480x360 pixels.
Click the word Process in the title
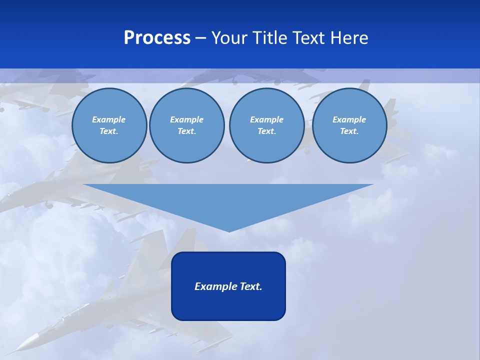[x=157, y=38]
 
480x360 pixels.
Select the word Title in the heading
[x=270, y=38]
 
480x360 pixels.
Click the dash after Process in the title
[x=200, y=38]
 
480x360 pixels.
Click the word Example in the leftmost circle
[x=109, y=119]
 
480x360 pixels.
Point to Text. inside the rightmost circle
[x=349, y=131]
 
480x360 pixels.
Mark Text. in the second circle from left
[x=186, y=131]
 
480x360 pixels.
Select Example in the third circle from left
[x=266, y=119]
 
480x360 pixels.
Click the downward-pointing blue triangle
[x=228, y=200]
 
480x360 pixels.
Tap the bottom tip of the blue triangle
[x=229, y=230]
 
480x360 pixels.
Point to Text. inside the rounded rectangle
[x=249, y=286]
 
